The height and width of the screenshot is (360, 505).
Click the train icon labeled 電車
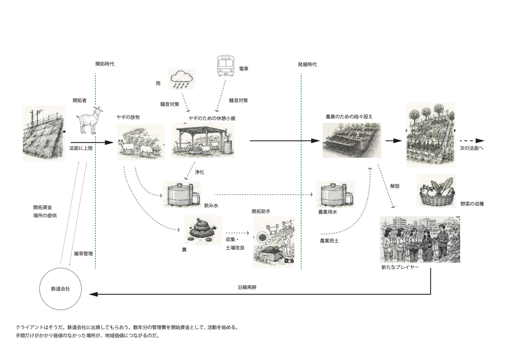(x=226, y=66)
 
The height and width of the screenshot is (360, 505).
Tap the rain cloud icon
(x=182, y=79)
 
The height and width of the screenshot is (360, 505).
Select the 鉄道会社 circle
(x=60, y=289)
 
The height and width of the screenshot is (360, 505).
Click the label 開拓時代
(x=105, y=64)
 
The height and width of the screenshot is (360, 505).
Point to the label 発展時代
(x=307, y=65)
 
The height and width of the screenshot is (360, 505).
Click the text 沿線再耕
(x=247, y=287)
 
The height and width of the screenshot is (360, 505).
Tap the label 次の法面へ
(x=471, y=148)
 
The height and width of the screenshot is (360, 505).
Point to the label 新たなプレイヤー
(x=400, y=267)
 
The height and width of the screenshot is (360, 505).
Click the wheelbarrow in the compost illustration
(x=289, y=258)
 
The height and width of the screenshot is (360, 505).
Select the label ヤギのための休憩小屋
(x=212, y=119)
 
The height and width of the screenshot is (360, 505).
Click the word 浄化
(x=200, y=172)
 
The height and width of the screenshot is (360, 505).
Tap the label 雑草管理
(x=83, y=254)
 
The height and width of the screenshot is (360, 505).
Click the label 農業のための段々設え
(x=349, y=117)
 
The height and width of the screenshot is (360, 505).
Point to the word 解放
(x=395, y=186)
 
